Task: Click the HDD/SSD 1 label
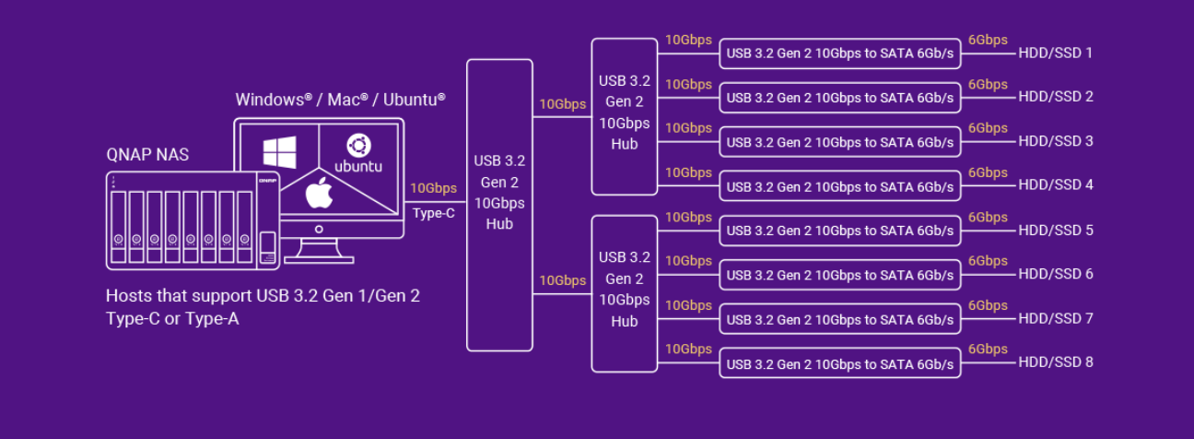[x=1055, y=53]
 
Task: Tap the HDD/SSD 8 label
[x=1055, y=362]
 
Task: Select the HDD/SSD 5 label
[x=1055, y=230]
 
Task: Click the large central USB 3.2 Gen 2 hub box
[x=499, y=205]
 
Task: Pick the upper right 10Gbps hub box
[x=624, y=116]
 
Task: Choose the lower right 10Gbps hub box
[x=624, y=293]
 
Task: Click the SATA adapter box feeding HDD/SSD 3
[x=839, y=142]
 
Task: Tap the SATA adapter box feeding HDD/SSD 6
[x=839, y=275]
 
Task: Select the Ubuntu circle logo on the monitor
[x=357, y=146]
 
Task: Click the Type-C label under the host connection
[x=433, y=213]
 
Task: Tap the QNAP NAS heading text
[x=147, y=155]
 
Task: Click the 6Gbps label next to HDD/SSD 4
[x=988, y=172]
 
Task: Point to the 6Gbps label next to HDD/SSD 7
[x=988, y=305]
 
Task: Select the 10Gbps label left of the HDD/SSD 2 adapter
[x=688, y=84]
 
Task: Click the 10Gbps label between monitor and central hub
[x=433, y=188]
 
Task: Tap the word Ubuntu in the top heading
[x=415, y=99]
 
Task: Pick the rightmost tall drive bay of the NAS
[x=244, y=221]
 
